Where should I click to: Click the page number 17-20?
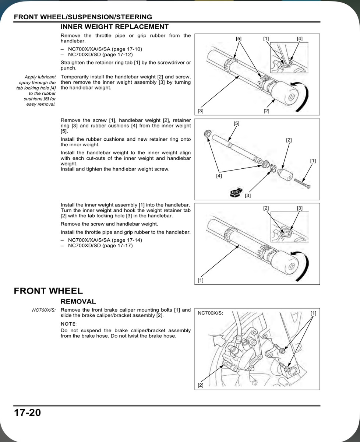click(28, 412)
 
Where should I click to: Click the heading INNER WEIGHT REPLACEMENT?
click(114, 27)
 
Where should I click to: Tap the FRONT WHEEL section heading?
click(48, 291)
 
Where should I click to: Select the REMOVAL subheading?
click(78, 301)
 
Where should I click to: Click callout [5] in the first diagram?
click(239, 38)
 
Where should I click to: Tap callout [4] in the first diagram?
click(300, 38)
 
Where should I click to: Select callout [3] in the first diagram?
click(201, 111)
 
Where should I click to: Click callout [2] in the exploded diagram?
click(289, 140)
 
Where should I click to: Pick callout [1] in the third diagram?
click(201, 280)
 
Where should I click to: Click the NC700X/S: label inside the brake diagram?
click(211, 313)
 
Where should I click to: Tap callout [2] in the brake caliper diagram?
click(201, 385)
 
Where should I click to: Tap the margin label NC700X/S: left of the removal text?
click(44, 310)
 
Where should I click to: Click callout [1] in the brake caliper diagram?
click(313, 313)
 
